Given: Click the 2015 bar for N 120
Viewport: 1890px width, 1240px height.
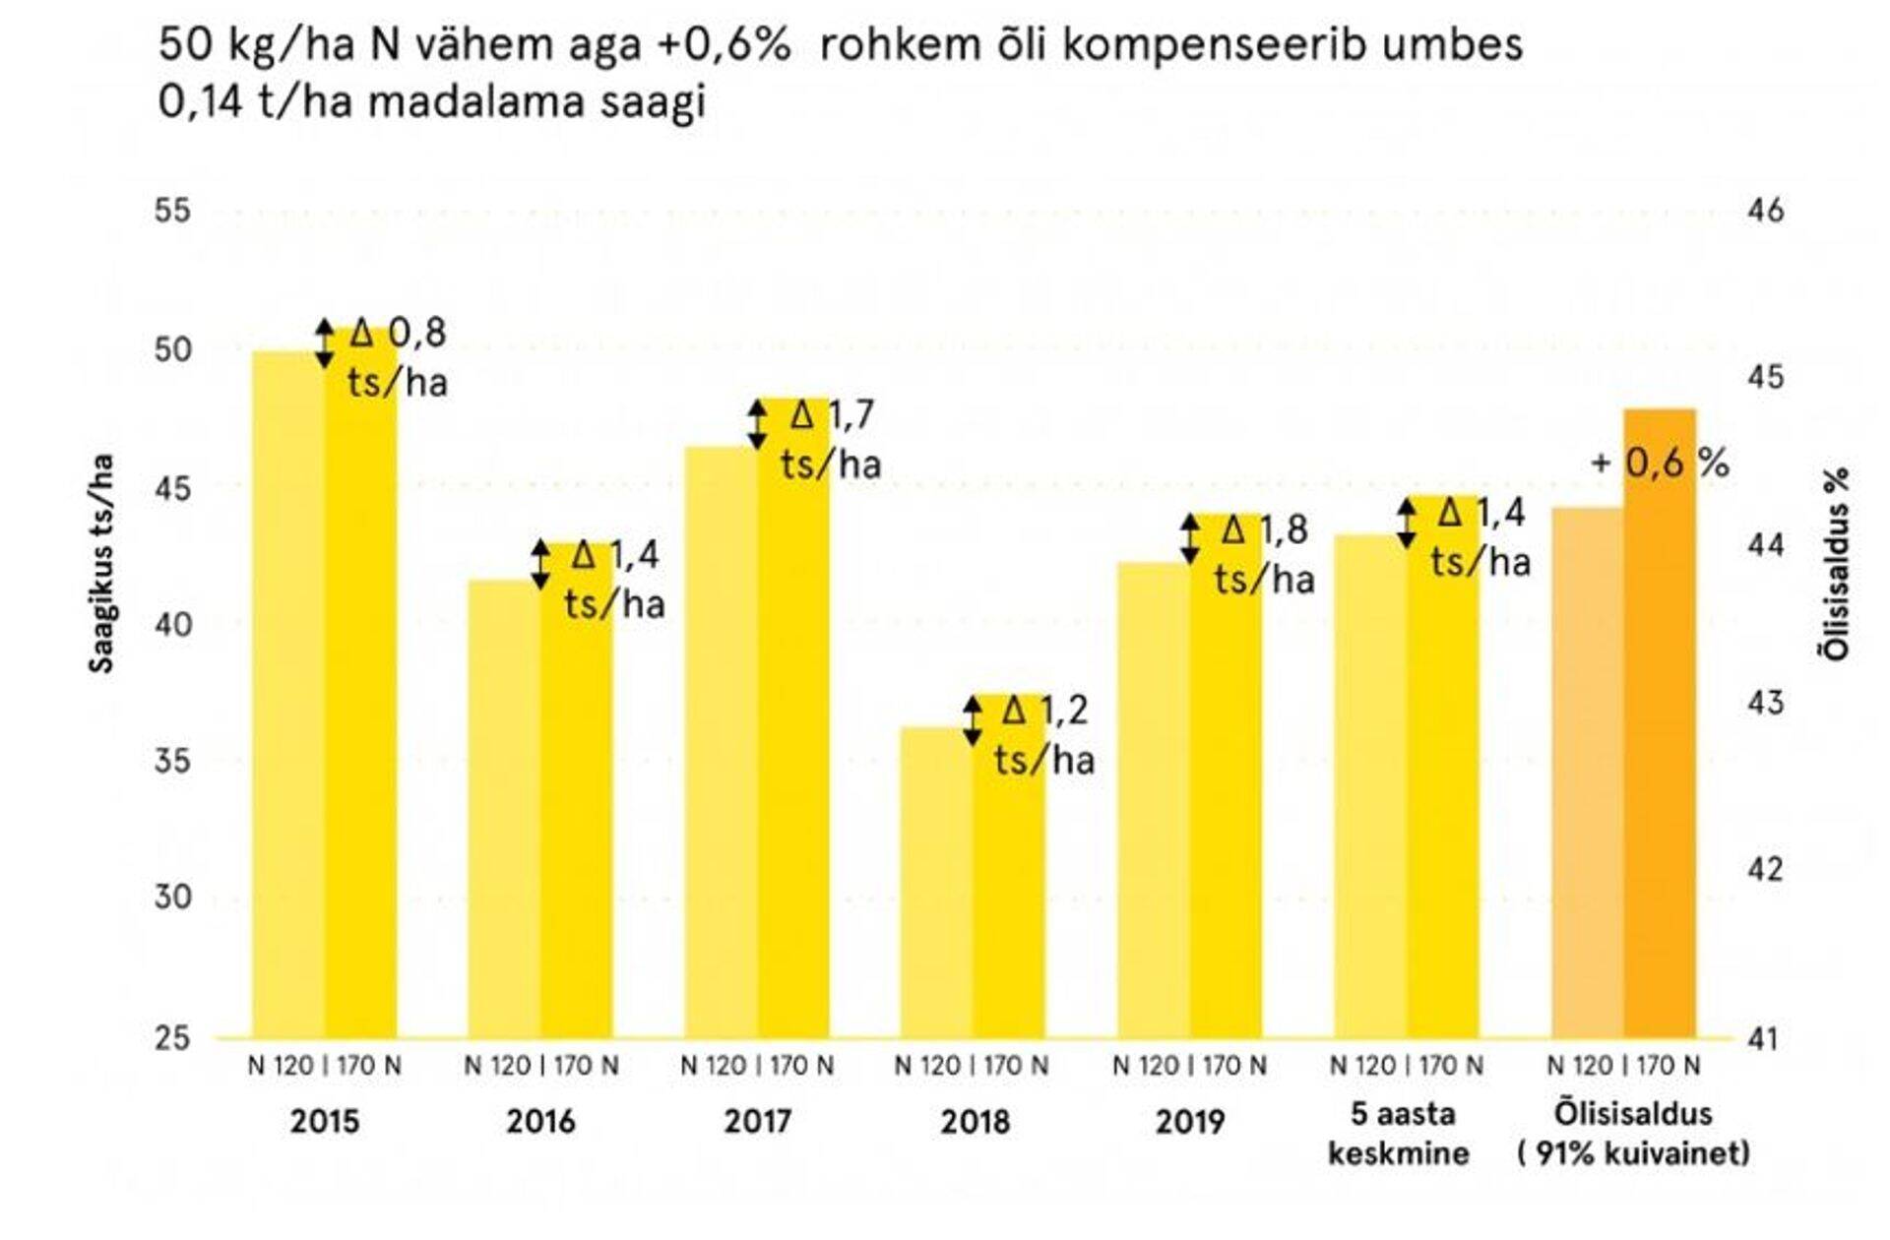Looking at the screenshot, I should point(288,694).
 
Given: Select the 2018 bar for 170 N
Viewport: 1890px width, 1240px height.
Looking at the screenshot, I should point(1009,866).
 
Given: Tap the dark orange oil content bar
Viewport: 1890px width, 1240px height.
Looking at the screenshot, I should point(1660,723).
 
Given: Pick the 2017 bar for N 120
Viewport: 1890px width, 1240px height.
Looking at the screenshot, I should point(721,743).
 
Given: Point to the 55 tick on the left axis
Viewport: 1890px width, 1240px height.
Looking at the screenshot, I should point(173,211).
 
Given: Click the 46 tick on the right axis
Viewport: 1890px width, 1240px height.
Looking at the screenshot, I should point(1763,211).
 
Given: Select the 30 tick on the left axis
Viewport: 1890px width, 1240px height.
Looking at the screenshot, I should point(173,898).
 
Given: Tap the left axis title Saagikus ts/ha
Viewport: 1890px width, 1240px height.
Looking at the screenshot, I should point(102,563).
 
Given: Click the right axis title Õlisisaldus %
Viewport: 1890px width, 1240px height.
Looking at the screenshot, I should point(1837,563).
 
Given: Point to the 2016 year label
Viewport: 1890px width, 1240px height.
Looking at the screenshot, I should point(540,1122).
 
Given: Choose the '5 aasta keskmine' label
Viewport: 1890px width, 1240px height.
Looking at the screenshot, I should point(1398,1134).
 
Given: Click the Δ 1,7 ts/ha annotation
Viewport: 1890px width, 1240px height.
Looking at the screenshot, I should point(830,439).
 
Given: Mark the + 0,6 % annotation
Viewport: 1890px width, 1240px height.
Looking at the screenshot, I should point(1660,463).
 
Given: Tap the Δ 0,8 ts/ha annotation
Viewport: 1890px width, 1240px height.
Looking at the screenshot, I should point(398,356).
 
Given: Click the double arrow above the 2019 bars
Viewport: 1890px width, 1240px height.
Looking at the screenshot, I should point(1190,539).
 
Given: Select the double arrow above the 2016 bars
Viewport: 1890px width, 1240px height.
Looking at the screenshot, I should point(540,565).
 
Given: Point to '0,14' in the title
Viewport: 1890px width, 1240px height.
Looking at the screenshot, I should point(201,102).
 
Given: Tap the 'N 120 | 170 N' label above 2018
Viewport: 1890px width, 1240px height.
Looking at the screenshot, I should point(973,1066).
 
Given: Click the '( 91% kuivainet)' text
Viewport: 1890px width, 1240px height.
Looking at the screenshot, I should point(1634,1153).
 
